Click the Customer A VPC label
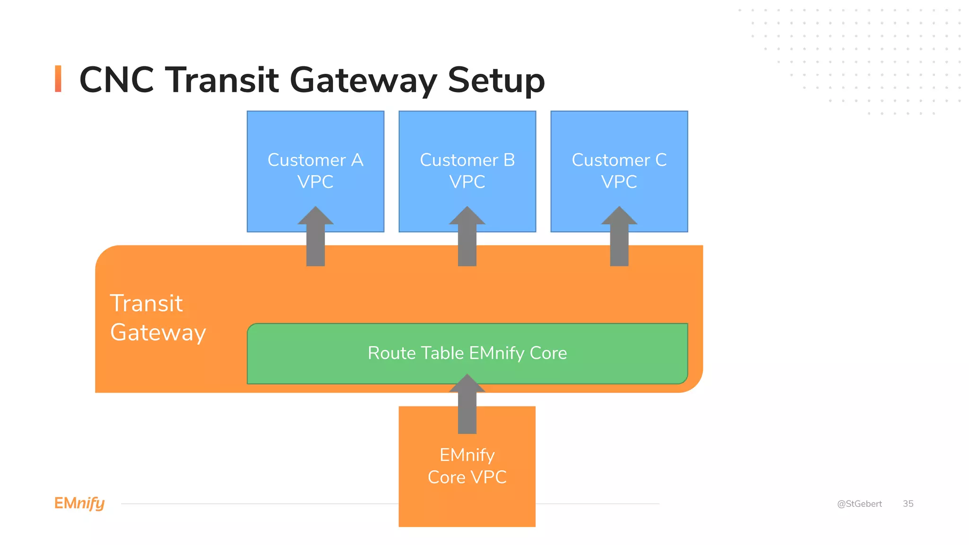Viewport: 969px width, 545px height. coord(315,171)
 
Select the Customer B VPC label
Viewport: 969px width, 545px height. coord(467,171)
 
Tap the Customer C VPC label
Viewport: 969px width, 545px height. coord(619,171)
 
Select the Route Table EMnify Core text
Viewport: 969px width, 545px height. coord(467,353)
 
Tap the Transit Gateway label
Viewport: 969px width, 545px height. coord(158,317)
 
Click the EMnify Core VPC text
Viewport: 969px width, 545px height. coord(467,466)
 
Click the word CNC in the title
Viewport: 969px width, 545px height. coord(116,79)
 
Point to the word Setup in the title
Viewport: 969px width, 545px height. coord(496,80)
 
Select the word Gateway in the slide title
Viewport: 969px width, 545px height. coord(363,80)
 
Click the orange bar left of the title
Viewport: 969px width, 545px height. coord(58,79)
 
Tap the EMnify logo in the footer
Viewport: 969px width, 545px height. coord(79,503)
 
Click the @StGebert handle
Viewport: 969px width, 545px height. coord(859,504)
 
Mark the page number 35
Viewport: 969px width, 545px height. coord(908,504)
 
